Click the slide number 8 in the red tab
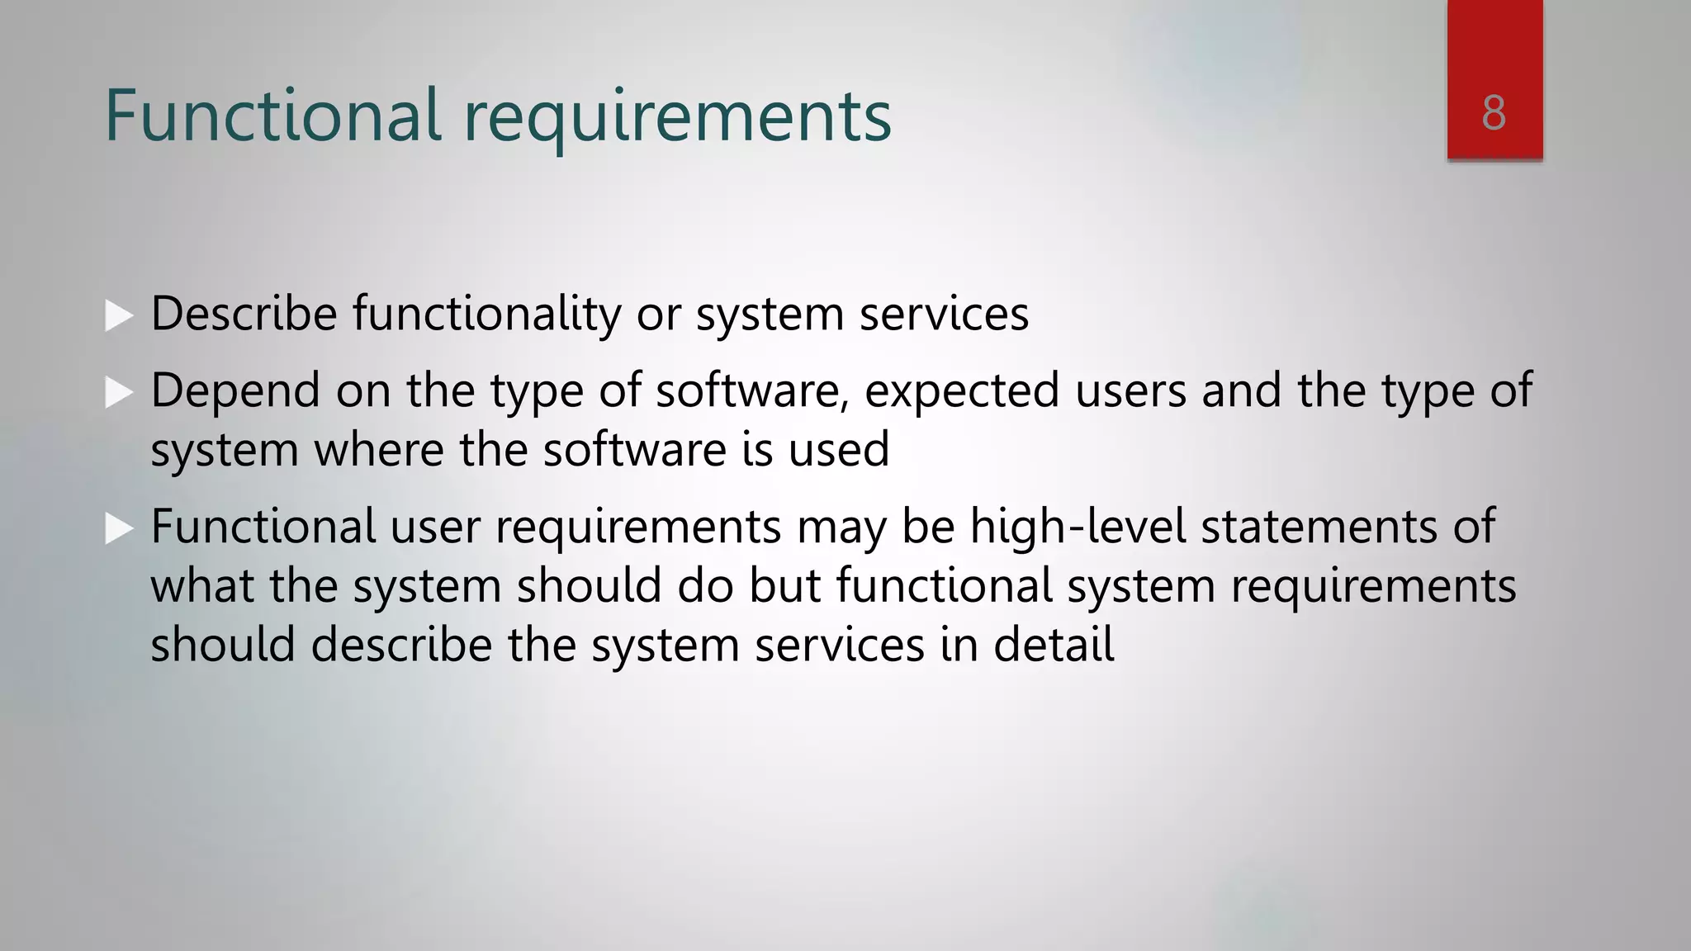[1494, 112]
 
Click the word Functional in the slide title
[273, 115]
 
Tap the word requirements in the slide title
[677, 117]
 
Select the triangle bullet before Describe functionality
[119, 315]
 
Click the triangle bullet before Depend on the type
[119, 392]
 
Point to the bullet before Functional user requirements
[119, 528]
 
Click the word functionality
[486, 315]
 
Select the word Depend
[235, 390]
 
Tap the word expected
[961, 390]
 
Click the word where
[378, 450]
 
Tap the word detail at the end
[1054, 645]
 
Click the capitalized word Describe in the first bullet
[244, 315]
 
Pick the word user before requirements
[434, 527]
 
